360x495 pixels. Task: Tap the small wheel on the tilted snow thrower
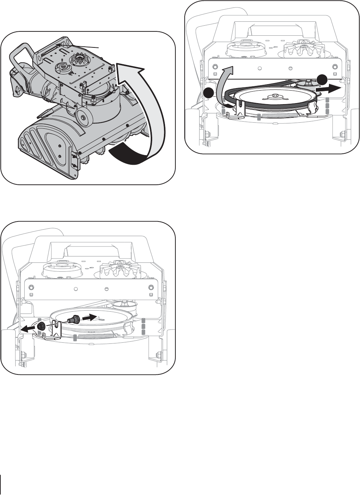point(83,115)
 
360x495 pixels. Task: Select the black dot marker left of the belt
point(209,93)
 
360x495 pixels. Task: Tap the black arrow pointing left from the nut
point(27,329)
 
